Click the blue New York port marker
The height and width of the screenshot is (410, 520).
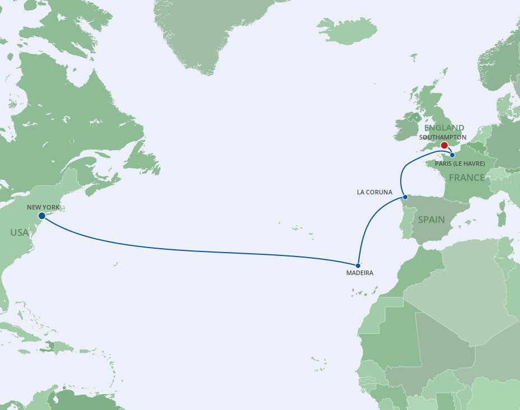41,216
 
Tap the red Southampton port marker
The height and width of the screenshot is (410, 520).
444,145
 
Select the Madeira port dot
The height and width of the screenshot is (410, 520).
357,265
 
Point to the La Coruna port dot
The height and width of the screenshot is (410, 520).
405,197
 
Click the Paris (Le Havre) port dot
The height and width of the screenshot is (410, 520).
452,155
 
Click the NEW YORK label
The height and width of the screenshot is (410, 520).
43,207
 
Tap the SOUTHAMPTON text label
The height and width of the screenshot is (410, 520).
443,137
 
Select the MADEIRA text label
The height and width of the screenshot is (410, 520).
359,273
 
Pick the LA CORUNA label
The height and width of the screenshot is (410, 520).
374,192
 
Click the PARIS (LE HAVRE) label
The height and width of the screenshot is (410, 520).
459,164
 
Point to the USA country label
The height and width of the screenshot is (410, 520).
19,232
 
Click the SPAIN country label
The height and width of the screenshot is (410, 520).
431,220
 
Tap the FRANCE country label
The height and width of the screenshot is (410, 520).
466,178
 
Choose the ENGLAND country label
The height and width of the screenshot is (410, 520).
444,128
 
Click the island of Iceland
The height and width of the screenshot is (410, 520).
347,30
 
